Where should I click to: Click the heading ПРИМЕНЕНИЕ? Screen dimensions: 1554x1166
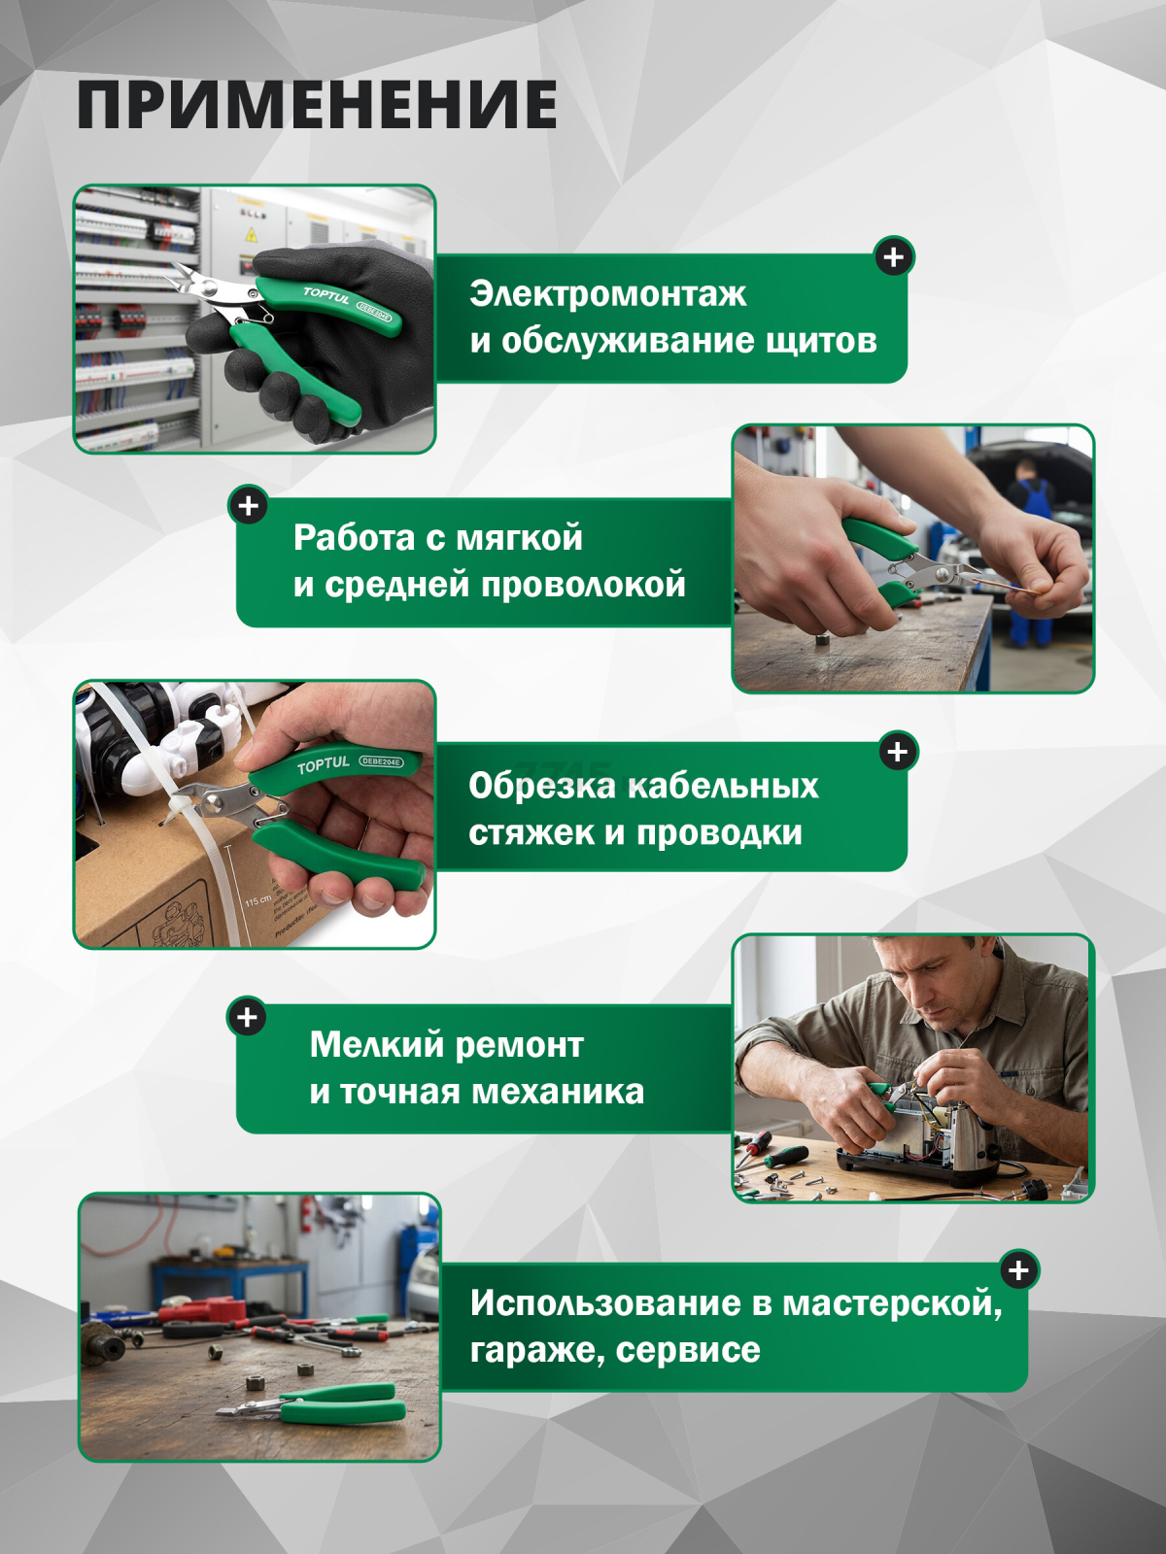coord(317,105)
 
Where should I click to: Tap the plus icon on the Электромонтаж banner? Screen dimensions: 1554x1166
coord(894,257)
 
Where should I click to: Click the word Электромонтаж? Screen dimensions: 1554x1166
coord(607,293)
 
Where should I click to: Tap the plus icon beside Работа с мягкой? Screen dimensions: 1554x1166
coord(249,506)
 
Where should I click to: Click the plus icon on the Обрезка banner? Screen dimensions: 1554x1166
coord(898,752)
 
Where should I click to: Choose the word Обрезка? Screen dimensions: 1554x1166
coord(540,786)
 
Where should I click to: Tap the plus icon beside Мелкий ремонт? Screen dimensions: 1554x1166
coord(247,1017)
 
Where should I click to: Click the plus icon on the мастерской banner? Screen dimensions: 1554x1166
coord(1018,1270)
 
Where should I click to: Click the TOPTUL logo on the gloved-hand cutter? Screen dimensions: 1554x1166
coord(326,295)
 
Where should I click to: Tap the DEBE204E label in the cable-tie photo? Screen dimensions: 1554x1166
coord(381,761)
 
